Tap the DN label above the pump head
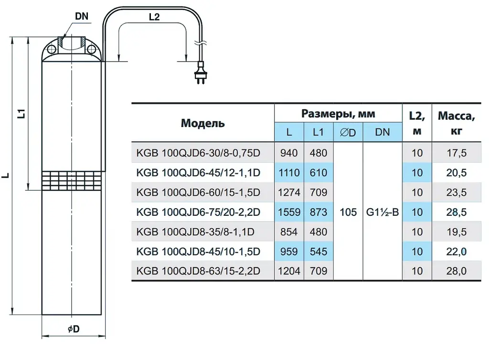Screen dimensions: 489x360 point(82,16)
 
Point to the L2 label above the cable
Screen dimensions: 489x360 point(154,17)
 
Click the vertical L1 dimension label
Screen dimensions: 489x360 point(22,114)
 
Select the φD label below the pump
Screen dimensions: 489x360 point(74,329)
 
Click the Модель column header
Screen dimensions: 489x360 point(202,124)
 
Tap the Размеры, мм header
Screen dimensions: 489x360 point(338,114)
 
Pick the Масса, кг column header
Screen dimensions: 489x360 point(457,124)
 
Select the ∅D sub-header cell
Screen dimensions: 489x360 point(348,132)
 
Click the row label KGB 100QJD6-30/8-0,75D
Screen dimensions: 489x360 point(198,153)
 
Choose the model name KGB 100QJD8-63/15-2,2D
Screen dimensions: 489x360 point(198,271)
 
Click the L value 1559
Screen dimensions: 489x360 point(289,212)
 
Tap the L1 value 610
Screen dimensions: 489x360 point(319,173)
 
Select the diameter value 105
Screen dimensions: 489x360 point(348,212)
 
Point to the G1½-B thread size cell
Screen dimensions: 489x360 point(383,212)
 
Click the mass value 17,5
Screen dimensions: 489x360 point(457,153)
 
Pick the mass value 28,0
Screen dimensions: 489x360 point(457,271)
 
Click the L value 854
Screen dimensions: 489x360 point(289,232)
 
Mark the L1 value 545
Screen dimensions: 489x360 point(319,252)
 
